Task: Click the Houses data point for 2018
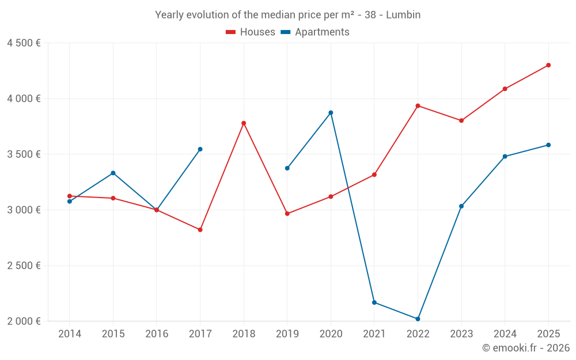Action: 244,123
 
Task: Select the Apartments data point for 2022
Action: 418,319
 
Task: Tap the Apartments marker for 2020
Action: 331,113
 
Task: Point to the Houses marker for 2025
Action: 548,65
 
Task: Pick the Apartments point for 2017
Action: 200,149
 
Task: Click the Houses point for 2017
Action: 200,230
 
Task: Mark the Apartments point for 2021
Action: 374,302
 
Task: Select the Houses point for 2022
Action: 418,106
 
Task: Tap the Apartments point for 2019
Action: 287,168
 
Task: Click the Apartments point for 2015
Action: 113,173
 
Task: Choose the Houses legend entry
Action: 251,32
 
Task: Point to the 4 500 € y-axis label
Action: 24,43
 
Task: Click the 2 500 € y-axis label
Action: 24,266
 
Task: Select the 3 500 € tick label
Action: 24,154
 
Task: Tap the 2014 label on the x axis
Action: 70,334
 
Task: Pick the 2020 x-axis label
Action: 331,334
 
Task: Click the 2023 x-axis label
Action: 461,334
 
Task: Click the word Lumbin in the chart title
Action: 403,15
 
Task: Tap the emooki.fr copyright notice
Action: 525,348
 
